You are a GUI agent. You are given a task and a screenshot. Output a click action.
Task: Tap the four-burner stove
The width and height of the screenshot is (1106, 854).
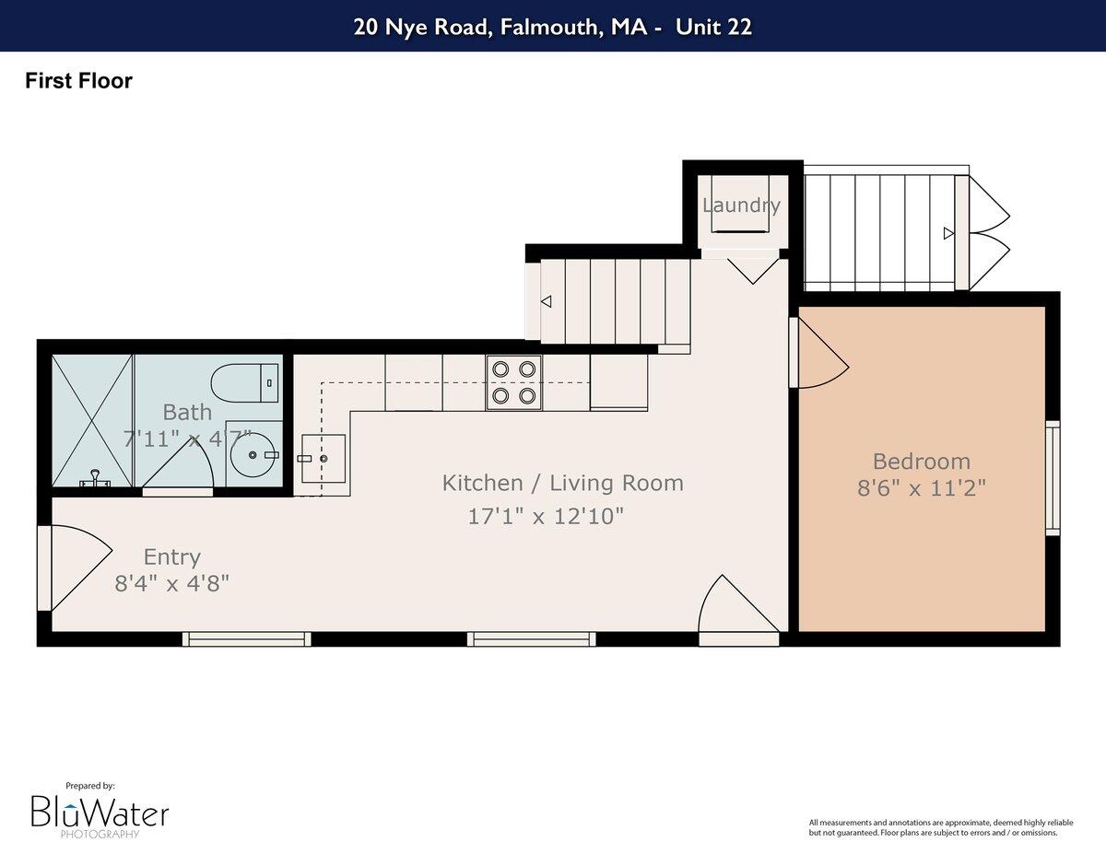[513, 382]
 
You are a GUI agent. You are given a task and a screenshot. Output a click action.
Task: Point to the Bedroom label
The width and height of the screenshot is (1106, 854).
[921, 462]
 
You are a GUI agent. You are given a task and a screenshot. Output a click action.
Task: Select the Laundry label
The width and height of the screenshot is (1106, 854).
[741, 205]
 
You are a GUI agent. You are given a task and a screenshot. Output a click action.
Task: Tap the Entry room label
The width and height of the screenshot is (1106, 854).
[172, 556]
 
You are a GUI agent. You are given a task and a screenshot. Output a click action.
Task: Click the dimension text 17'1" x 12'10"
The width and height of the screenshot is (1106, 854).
[547, 516]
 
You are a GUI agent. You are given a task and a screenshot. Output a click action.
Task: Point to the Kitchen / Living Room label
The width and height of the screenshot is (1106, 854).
[562, 483]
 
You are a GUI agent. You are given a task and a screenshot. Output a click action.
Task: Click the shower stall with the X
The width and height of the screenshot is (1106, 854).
[92, 419]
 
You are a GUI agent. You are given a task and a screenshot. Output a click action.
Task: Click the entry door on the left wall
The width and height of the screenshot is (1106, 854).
[74, 567]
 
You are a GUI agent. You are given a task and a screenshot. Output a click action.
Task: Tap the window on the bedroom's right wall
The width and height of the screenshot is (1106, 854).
[1052, 477]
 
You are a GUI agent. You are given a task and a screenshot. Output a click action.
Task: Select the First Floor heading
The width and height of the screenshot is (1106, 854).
[78, 81]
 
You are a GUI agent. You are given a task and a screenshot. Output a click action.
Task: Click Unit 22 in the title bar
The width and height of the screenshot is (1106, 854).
[713, 27]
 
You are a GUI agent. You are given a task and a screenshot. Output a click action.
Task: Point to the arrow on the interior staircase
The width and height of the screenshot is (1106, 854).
[546, 301]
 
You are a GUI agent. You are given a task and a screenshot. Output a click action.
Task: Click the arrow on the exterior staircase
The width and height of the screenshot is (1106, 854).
[948, 233]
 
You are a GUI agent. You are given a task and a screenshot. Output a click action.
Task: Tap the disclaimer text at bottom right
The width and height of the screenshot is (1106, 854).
[933, 827]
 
